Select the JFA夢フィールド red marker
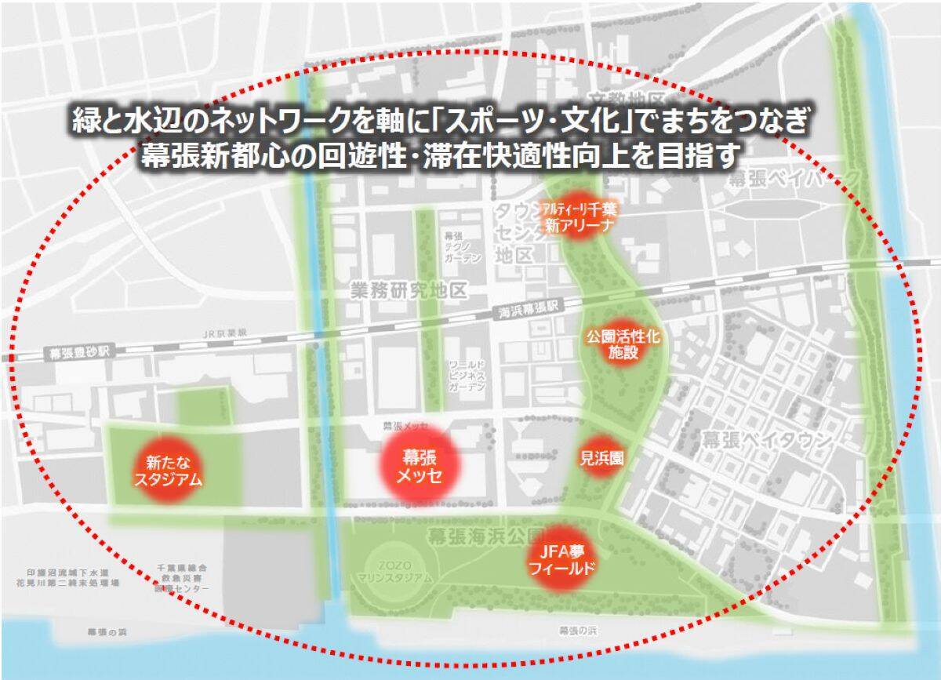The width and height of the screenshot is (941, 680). tap(560, 558)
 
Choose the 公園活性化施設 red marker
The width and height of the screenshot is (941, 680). tap(623, 344)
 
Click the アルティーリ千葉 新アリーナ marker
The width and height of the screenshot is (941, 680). tap(578, 216)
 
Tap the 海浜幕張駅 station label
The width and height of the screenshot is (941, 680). tap(532, 311)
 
